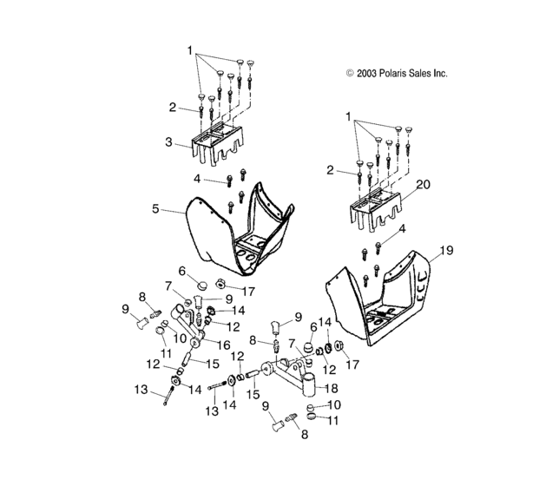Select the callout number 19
(447, 250)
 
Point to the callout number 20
(423, 184)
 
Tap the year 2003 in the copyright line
(368, 74)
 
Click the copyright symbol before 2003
(350, 74)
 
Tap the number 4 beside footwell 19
(402, 227)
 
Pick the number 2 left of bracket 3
(173, 108)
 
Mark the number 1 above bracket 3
(189, 51)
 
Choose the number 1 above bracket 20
(348, 115)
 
